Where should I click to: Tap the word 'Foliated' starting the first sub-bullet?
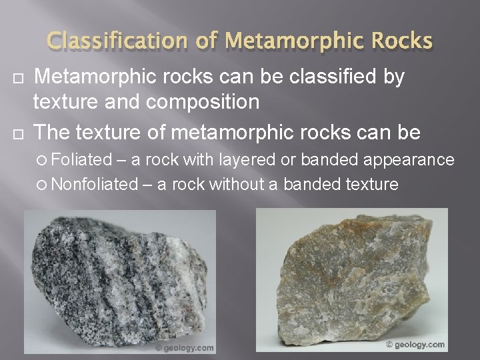(77, 160)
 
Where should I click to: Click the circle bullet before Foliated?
(43, 161)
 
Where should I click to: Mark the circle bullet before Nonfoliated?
(43, 184)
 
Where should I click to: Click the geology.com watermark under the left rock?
(185, 347)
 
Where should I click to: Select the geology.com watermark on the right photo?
(416, 344)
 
